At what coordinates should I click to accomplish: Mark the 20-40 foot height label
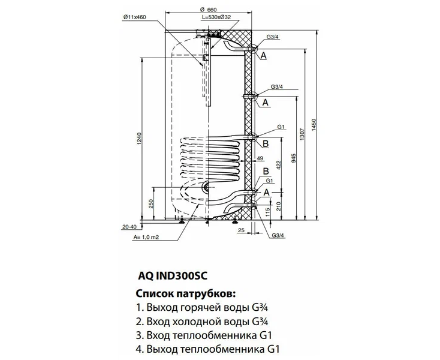point(129,227)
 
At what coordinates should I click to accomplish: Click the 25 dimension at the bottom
point(240,230)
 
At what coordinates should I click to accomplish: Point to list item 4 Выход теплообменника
point(206,348)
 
